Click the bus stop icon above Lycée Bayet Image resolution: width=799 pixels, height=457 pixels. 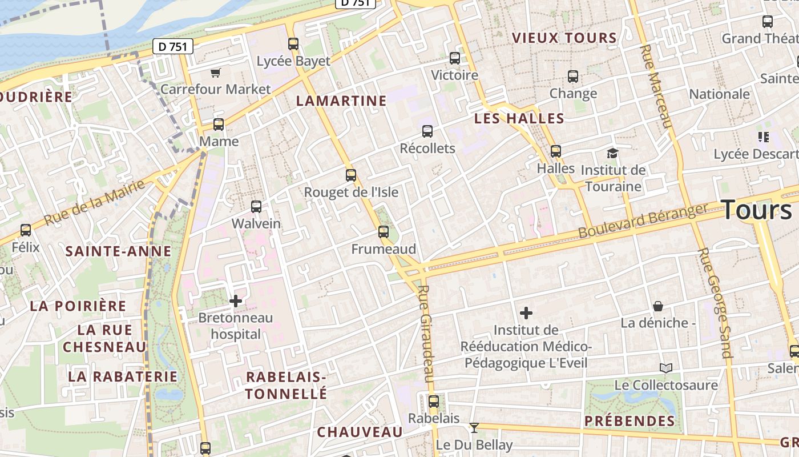(293, 44)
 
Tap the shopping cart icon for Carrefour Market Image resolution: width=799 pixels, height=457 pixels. (215, 73)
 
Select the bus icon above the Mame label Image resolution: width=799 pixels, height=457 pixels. (218, 125)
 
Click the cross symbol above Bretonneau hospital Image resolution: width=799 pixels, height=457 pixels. (236, 300)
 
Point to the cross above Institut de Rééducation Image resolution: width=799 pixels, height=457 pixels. (526, 313)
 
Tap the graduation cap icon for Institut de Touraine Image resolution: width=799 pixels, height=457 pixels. (612, 153)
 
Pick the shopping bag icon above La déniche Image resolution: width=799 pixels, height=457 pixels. (658, 306)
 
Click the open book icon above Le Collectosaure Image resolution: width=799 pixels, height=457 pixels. (665, 368)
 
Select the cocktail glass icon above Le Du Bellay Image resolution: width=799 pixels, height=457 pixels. (474, 427)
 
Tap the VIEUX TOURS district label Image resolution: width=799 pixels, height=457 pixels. (564, 38)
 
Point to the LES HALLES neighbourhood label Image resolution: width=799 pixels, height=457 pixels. (519, 119)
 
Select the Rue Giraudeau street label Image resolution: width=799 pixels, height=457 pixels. (426, 334)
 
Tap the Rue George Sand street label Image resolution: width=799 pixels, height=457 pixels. (714, 303)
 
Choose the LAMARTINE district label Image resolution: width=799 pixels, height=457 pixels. (341, 101)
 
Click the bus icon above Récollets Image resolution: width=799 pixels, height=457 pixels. (427, 131)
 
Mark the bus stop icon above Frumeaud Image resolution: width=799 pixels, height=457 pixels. (384, 232)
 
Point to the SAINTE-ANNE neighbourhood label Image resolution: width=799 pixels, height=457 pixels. (118, 251)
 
